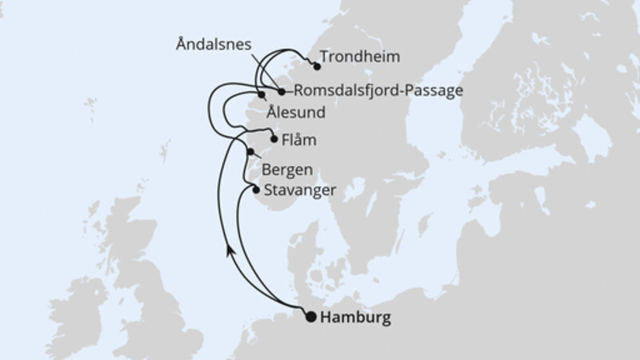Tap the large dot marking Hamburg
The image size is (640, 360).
click(310, 317)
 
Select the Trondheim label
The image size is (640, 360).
click(359, 58)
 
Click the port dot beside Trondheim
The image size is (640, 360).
click(317, 66)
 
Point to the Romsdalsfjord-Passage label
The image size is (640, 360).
click(378, 90)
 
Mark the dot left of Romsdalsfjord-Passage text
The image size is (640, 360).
click(282, 91)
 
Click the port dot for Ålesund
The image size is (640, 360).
click(261, 97)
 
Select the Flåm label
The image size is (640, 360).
click(298, 140)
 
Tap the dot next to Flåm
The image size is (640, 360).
click(274, 139)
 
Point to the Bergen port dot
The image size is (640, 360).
click(250, 152)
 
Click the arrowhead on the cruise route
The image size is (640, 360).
click(230, 250)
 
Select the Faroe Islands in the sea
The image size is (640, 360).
click(90, 105)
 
